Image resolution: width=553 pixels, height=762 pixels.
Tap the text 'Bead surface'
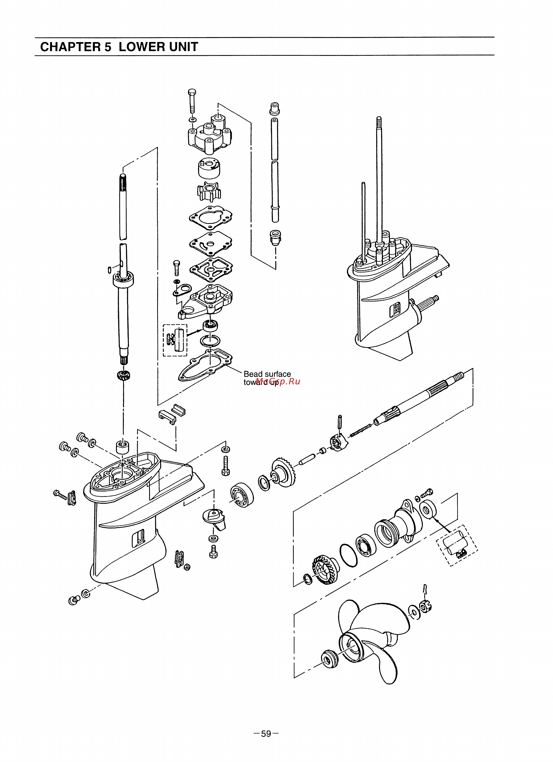(267, 374)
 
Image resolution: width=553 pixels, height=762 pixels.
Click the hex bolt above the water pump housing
(192, 101)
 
